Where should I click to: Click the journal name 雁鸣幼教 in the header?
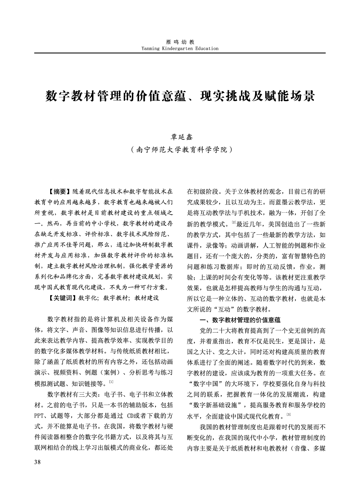tap(180, 42)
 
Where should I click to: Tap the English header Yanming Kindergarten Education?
tap(180, 48)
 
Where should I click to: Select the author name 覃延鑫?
tap(180, 136)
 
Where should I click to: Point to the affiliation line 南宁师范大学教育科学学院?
tap(180, 149)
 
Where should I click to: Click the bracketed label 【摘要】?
tap(59, 191)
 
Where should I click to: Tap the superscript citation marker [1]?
tap(111, 382)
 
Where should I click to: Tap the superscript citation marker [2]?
tap(234, 223)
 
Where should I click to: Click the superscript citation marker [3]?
tap(288, 415)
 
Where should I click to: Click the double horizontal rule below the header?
tap(180, 53)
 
